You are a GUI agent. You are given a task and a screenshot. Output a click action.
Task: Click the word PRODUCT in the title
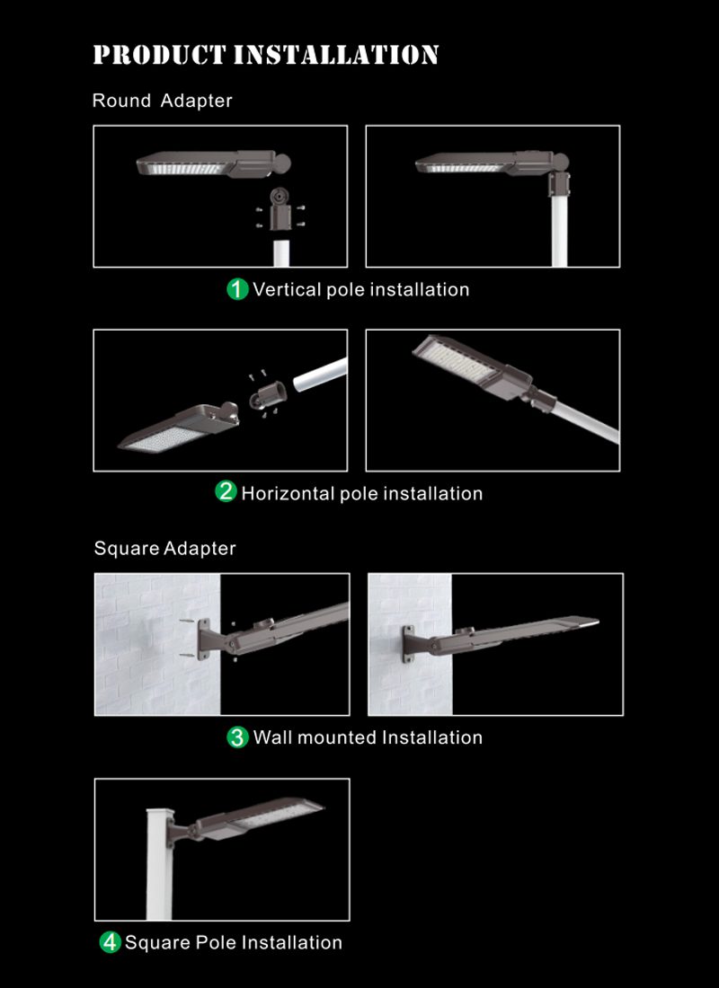pyautogui.click(x=159, y=55)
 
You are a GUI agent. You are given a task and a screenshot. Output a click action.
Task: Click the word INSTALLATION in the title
pyautogui.click(x=336, y=55)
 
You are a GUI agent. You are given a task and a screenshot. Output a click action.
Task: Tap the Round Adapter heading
pyautogui.click(x=162, y=101)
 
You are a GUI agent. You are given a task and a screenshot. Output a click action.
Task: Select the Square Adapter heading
pyautogui.click(x=164, y=548)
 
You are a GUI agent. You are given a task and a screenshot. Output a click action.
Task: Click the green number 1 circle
pyautogui.click(x=237, y=290)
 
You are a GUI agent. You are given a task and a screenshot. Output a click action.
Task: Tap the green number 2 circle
pyautogui.click(x=226, y=491)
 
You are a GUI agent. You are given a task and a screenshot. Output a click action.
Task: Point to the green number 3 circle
pyautogui.click(x=237, y=737)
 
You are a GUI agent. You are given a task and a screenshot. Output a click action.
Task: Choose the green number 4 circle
pyautogui.click(x=110, y=942)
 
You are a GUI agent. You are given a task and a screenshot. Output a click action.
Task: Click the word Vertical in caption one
pyautogui.click(x=287, y=290)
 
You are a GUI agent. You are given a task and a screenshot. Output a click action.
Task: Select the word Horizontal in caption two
pyautogui.click(x=288, y=493)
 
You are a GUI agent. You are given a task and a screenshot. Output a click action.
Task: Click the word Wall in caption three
pyautogui.click(x=272, y=737)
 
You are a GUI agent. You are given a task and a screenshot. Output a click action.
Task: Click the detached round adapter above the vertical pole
pyautogui.click(x=279, y=210)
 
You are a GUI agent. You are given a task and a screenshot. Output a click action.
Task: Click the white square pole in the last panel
pyautogui.click(x=158, y=863)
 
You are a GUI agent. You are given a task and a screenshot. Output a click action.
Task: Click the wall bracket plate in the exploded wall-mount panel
pyautogui.click(x=204, y=640)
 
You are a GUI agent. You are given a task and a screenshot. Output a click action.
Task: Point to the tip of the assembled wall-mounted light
pyautogui.click(x=598, y=622)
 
